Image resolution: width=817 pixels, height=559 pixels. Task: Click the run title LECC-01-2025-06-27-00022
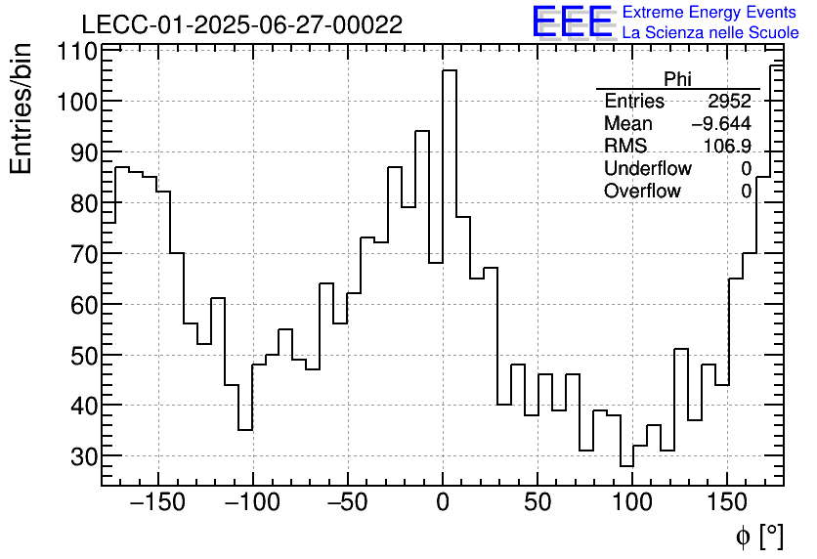241,25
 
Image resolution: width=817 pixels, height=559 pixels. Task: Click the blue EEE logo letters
573,22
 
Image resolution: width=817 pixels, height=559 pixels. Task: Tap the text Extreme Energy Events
709,13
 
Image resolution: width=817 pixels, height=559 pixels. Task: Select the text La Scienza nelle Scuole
710,33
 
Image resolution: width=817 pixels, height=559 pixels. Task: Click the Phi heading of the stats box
677,79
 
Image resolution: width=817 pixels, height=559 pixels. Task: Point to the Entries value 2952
729,102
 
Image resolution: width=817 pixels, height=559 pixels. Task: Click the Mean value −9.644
721,124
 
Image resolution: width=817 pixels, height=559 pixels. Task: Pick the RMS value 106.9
727,147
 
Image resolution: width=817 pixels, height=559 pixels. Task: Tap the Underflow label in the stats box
647,169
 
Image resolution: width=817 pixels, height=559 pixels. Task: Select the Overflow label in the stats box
642,192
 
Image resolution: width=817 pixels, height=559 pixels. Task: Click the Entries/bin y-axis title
21,108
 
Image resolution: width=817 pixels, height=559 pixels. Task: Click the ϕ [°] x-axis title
758,536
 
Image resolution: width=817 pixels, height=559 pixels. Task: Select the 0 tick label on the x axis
443,504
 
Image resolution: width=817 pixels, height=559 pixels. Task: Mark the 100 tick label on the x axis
632,504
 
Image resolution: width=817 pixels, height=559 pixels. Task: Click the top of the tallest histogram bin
450,70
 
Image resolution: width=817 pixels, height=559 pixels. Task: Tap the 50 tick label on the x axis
537,504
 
